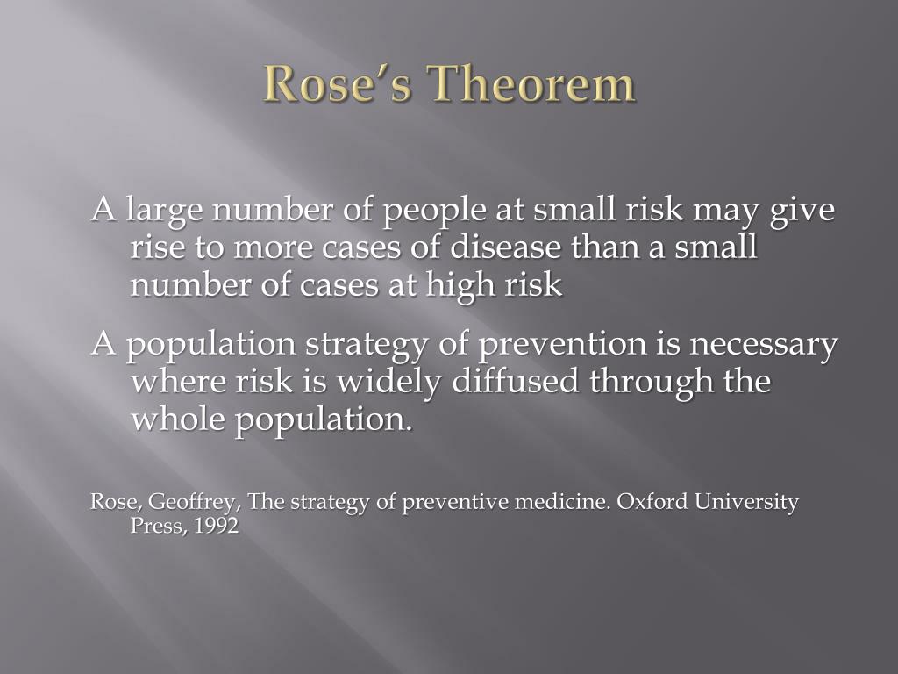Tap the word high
(x=469, y=287)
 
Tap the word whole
(x=178, y=419)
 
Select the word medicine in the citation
(x=562, y=502)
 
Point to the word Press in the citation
(x=153, y=527)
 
